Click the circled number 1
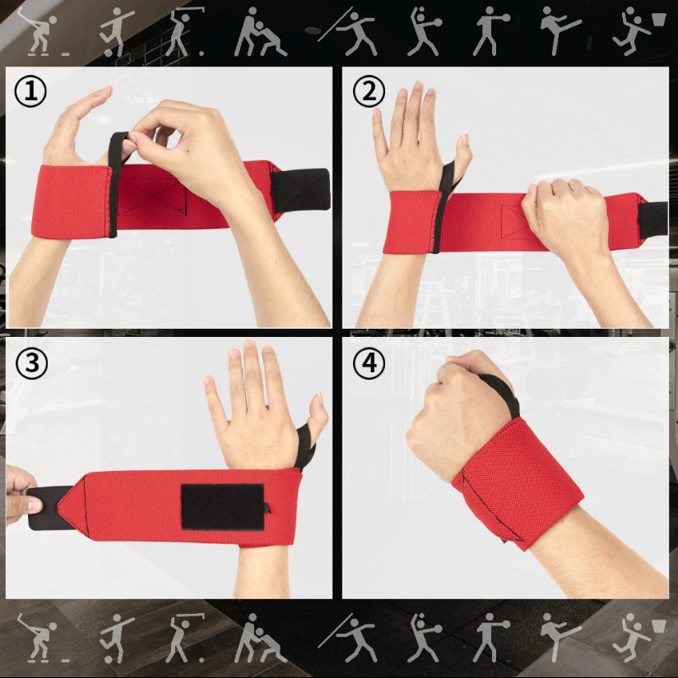[30, 91]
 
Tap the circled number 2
[369, 91]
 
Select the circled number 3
[31, 363]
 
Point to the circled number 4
[369, 363]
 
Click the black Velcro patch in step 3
[222, 507]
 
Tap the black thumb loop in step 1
[116, 182]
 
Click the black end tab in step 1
[300, 191]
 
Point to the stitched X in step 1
[152, 196]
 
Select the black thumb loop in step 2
[443, 203]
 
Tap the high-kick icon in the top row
[559, 30]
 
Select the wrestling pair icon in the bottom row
[260, 639]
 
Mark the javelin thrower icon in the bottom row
[351, 638]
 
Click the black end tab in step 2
[652, 219]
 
